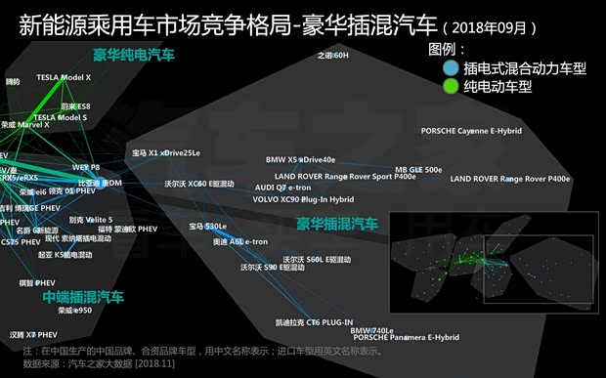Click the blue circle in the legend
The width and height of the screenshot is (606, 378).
pos(449,68)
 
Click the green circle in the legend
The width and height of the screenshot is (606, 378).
pos(449,86)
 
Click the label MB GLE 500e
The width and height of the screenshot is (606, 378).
pos(418,169)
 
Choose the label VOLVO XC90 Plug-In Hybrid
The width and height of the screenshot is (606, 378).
pos(303,199)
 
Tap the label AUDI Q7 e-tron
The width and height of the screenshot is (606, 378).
pos(282,187)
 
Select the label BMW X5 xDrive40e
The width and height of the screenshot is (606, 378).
pos(300,159)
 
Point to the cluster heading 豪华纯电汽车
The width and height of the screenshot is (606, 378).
pos(134,55)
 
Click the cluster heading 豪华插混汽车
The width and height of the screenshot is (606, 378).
pos(337,224)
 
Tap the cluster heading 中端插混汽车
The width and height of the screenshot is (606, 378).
pos(83,295)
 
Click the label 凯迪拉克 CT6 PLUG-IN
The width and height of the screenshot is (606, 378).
pos(313,321)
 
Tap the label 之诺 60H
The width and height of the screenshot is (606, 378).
pos(332,56)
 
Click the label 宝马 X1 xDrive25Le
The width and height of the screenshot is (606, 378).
pos(166,152)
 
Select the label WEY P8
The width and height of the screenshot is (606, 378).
pos(86,167)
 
